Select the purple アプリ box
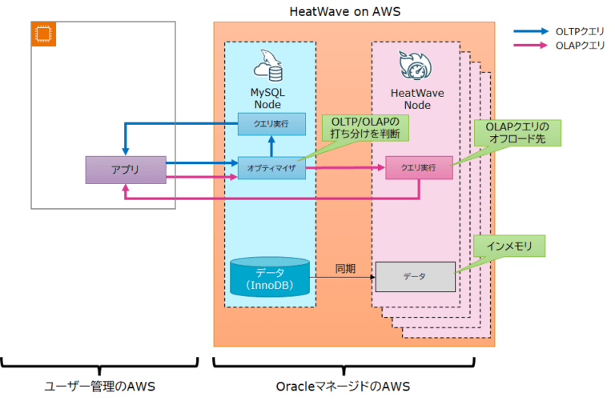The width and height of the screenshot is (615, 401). click(125, 170)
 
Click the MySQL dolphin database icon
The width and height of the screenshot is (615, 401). click(269, 66)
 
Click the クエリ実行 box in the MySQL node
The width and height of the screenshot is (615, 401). click(271, 123)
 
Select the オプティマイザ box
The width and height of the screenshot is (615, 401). click(271, 169)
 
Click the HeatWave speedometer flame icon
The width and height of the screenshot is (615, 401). click(413, 66)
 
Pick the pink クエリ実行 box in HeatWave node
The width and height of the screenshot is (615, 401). click(418, 168)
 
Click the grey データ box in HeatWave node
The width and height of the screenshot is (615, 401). click(415, 276)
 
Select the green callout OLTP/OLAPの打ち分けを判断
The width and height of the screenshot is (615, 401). click(365, 126)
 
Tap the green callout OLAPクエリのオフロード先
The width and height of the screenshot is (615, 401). click(517, 133)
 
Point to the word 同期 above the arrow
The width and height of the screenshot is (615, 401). click(346, 268)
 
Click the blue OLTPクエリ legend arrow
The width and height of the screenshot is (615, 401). click(532, 30)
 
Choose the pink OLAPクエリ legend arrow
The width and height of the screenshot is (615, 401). click(532, 46)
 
